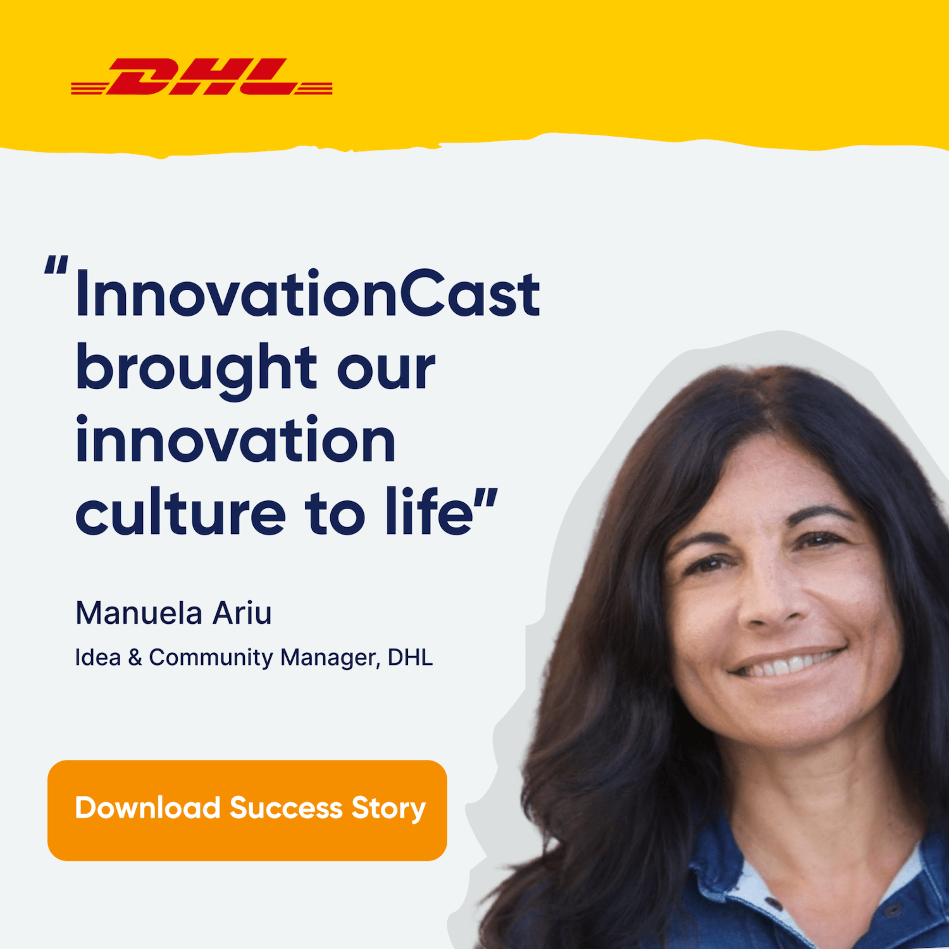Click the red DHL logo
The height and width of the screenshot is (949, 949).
[x=202, y=77]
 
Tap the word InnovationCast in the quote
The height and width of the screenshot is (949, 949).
[x=307, y=294]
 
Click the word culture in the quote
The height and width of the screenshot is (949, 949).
[x=180, y=512]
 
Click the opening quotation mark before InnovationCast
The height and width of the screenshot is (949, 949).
[x=56, y=264]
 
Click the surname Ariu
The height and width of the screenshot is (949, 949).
[x=242, y=613]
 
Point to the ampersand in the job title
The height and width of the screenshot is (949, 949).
[x=135, y=657]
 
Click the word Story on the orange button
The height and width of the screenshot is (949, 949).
[x=388, y=809]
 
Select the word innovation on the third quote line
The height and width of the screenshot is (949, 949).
[x=235, y=440]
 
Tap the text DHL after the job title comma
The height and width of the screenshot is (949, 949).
[x=410, y=657]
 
